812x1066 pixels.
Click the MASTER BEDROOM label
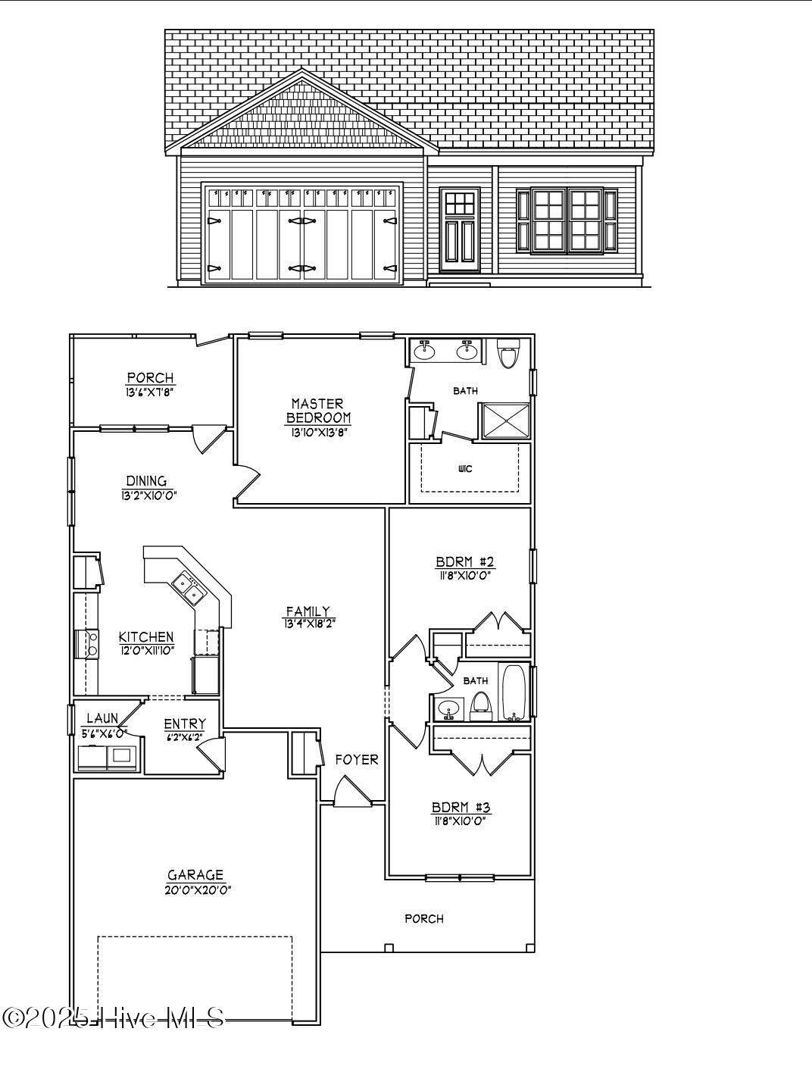318,410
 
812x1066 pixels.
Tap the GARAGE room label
195,875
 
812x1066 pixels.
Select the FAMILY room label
308,611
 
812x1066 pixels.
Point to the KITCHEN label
146,637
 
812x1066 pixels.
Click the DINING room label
146,480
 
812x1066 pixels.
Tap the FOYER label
356,759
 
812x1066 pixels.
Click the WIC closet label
465,469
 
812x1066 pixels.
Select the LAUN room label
101,718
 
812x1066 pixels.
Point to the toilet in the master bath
507,354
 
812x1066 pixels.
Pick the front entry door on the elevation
460,231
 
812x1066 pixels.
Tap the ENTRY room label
184,724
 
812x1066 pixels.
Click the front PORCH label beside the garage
423,918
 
